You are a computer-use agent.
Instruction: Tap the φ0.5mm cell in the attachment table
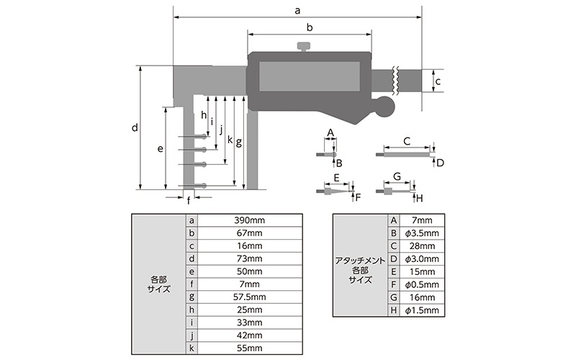422,284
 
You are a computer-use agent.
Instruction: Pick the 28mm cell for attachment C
422,246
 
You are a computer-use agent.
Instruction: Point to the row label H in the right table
393,310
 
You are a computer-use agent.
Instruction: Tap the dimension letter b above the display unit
309,27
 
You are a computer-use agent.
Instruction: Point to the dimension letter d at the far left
135,128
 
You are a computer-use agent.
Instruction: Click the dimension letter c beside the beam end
438,81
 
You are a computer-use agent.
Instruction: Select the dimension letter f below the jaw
189,200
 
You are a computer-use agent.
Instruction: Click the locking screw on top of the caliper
303,48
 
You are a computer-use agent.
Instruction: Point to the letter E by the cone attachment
336,177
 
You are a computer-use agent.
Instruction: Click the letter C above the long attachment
406,140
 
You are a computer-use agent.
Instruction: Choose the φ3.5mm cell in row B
422,233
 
